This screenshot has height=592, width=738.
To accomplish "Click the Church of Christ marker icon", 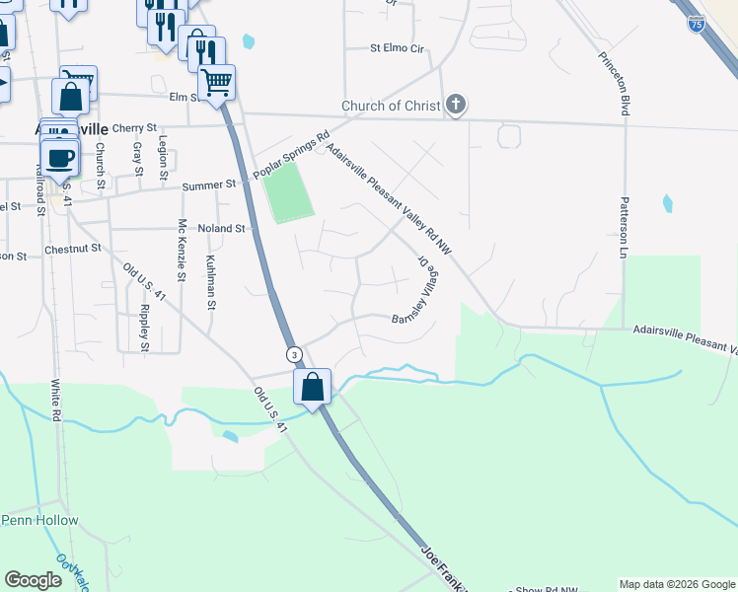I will (455, 104).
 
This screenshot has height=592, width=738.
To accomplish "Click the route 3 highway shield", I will (293, 354).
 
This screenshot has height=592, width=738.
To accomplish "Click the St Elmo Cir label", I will (397, 47).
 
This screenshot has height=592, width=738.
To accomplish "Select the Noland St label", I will (221, 228).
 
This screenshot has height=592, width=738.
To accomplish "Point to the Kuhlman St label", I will (210, 280).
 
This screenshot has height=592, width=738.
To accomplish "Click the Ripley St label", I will (144, 328).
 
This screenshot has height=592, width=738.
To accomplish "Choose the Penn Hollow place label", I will (39, 520).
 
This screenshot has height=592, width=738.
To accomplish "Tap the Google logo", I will (34, 580).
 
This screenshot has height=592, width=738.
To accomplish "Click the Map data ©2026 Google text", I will (676, 584).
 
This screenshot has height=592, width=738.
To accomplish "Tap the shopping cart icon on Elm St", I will (216, 83).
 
